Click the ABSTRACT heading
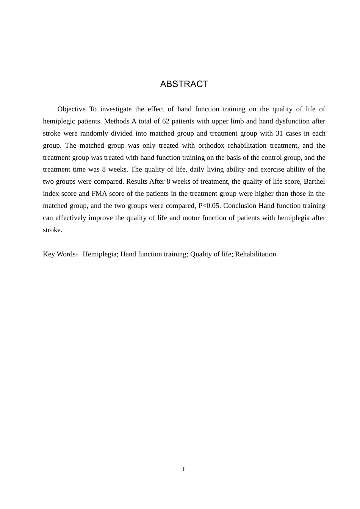pyautogui.click(x=184, y=84)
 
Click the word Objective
pyautogui.click(x=71, y=109)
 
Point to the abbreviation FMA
pyautogui.click(x=99, y=194)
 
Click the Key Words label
pyautogui.click(x=59, y=254)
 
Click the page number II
pyautogui.click(x=185, y=469)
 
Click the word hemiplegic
pyautogui.click(x=58, y=121)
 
